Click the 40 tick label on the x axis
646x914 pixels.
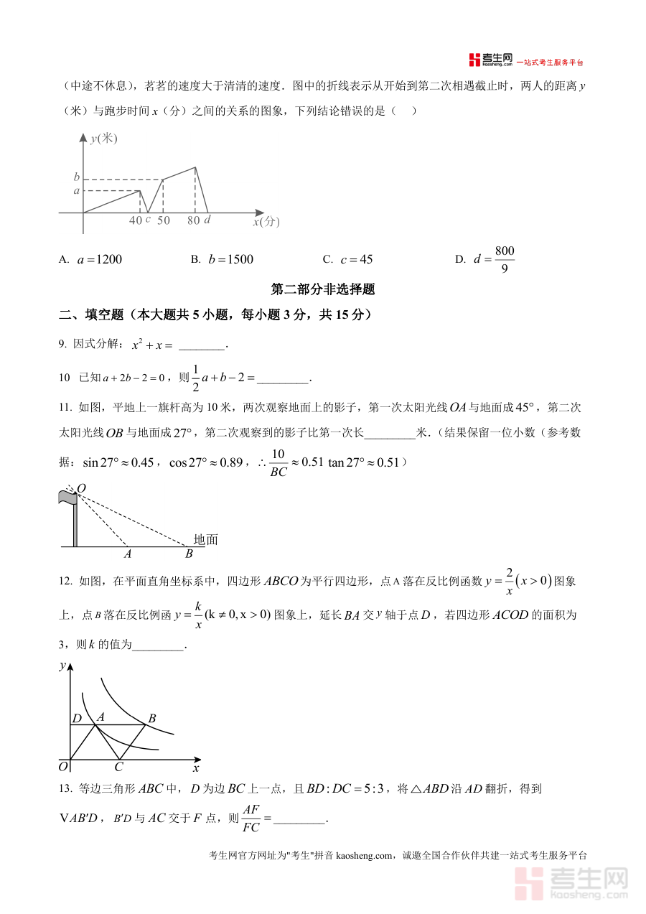click(x=136, y=221)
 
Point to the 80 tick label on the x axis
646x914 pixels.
click(x=193, y=221)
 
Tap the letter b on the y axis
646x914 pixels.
click(x=76, y=177)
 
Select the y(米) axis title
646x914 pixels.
click(x=103, y=139)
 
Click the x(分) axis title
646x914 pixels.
click(x=266, y=223)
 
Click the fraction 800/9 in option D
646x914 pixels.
click(x=505, y=260)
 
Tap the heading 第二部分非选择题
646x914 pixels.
click(x=323, y=290)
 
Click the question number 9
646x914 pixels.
click(x=62, y=345)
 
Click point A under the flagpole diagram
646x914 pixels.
click(x=128, y=554)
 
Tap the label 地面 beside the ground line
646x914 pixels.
click(x=205, y=539)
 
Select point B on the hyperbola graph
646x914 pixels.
click(x=151, y=718)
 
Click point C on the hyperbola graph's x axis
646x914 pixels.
click(x=119, y=767)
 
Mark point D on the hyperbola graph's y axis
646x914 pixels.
click(x=76, y=718)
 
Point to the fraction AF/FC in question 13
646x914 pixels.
click(x=251, y=819)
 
